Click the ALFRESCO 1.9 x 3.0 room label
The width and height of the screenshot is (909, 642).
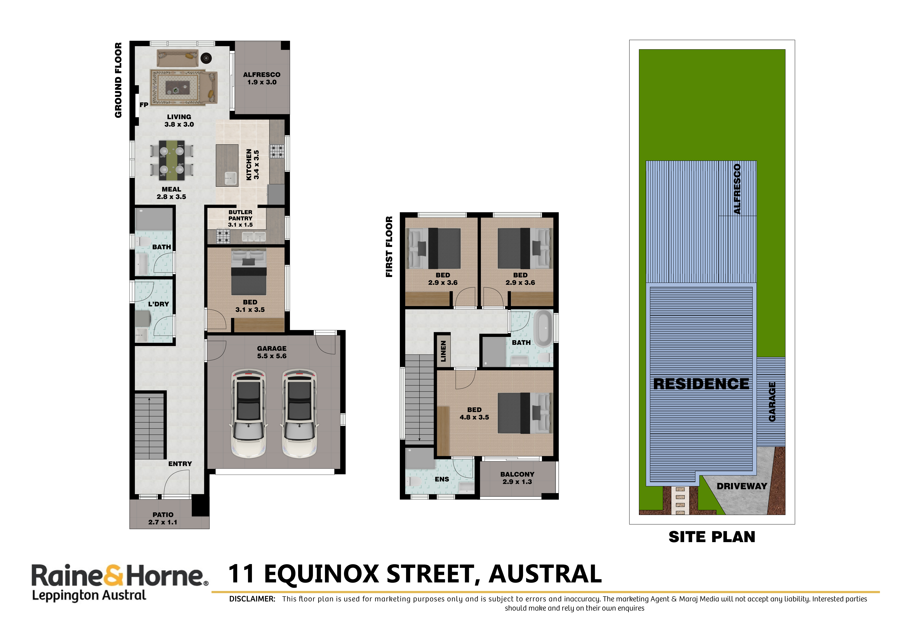point(262,78)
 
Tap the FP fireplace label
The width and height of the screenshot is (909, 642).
point(144,105)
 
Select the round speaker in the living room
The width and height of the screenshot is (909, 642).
point(206,58)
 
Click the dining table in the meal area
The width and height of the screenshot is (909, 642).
point(172,160)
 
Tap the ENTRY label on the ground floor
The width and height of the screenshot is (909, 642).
point(180,464)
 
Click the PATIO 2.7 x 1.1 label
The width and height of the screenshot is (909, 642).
point(163,519)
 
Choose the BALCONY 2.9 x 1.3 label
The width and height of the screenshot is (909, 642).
point(517,478)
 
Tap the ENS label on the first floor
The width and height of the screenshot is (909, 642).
point(442,479)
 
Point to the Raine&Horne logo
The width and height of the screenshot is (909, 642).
point(120,582)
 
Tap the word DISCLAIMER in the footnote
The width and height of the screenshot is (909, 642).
point(252,599)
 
